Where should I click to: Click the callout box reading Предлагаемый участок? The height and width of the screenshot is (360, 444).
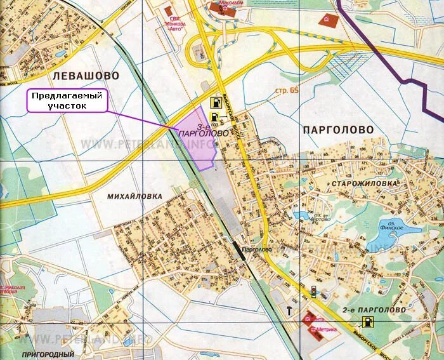(x=67, y=100)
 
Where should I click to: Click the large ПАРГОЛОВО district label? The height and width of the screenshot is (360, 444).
(x=339, y=129)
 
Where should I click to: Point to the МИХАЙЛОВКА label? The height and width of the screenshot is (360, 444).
(x=134, y=196)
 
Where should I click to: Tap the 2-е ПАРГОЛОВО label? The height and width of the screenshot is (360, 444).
(x=374, y=310)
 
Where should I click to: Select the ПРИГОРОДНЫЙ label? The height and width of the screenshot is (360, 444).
(x=48, y=354)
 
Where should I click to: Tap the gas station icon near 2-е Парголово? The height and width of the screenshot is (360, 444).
(x=365, y=321)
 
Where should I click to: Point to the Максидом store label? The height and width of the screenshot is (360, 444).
(x=231, y=3)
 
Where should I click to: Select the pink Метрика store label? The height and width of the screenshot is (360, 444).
(x=327, y=330)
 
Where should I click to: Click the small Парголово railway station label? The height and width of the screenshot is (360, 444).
(x=256, y=250)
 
